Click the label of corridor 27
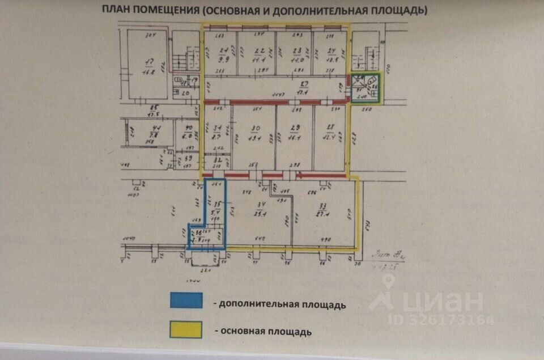303,84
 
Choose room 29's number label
294,128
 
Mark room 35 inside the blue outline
216,204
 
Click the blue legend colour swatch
186,300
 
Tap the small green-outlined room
364,88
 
